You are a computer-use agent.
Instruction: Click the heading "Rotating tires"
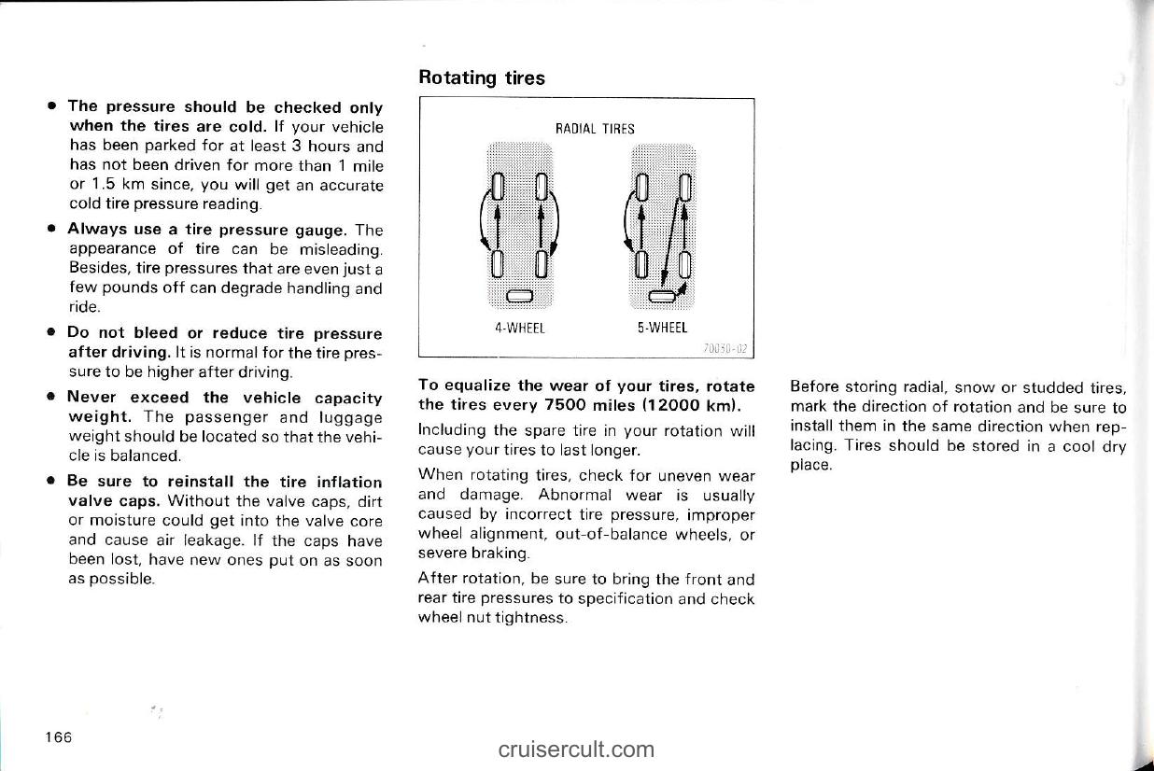(481, 77)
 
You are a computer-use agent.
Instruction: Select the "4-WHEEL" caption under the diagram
(519, 328)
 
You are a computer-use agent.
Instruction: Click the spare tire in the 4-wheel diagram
(518, 298)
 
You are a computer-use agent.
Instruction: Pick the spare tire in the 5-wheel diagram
(662, 298)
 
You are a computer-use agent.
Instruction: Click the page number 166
(56, 737)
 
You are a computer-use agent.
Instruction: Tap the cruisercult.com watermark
(576, 749)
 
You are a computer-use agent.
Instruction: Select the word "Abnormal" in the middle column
(578, 496)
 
